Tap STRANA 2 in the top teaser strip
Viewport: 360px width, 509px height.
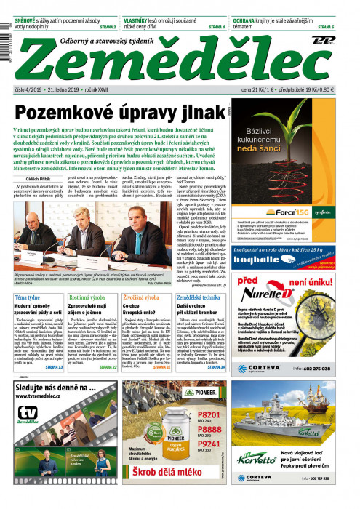pyautogui.click(x=108, y=27)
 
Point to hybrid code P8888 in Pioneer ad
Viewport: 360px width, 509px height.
pyautogui.click(x=209, y=429)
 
